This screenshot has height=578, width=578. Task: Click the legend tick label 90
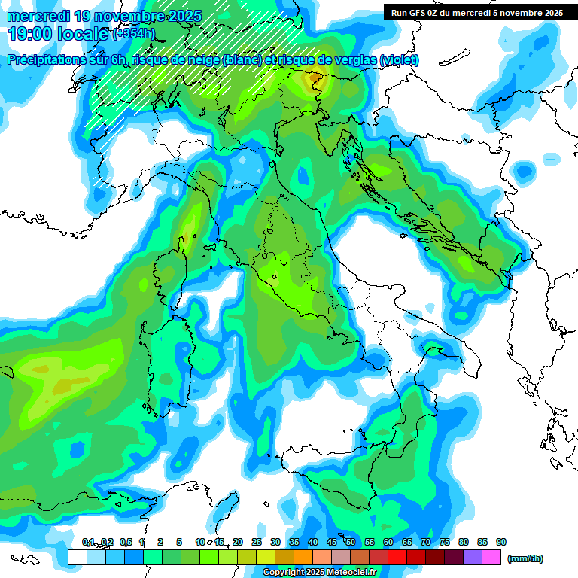click(501, 542)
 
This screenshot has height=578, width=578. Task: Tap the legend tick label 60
click(388, 542)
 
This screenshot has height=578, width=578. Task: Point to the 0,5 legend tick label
click(125, 542)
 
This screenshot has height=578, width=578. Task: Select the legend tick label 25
click(257, 542)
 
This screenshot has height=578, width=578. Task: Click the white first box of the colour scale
click(77, 557)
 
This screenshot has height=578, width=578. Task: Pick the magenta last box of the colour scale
click(491, 557)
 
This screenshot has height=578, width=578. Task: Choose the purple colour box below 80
click(473, 557)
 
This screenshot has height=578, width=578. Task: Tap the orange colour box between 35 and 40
click(303, 557)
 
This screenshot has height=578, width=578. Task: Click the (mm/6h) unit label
click(525, 558)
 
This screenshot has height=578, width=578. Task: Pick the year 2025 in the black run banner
click(550, 13)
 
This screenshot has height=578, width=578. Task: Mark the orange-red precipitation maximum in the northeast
click(313, 77)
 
